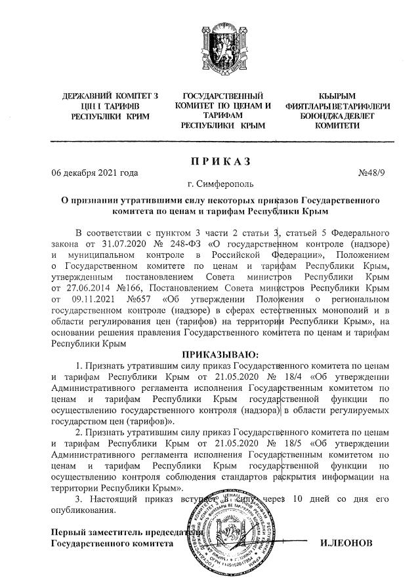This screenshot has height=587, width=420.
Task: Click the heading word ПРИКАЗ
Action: tap(222, 161)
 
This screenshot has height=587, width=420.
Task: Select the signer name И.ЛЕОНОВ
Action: tap(346, 544)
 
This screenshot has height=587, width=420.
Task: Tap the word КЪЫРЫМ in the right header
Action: tap(337, 96)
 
